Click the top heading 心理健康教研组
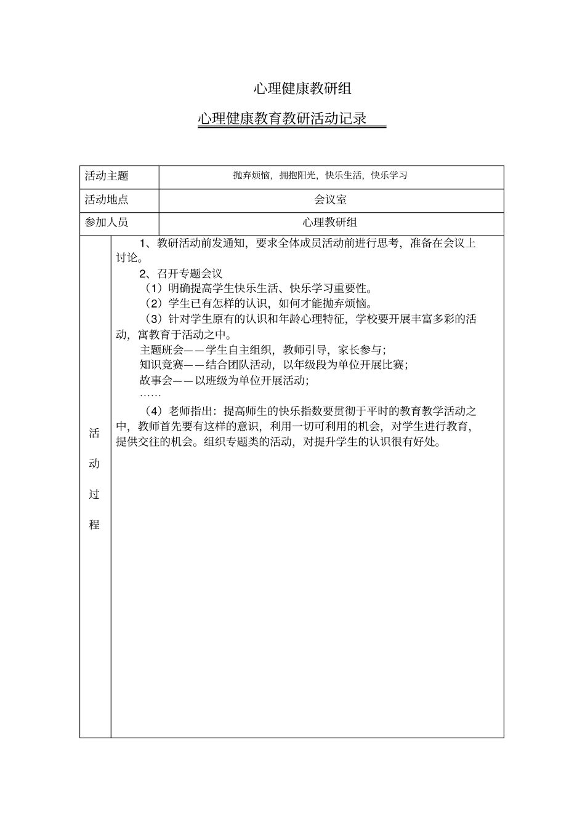[302, 89]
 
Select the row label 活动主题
[107, 176]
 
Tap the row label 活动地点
[107, 200]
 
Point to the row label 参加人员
[107, 223]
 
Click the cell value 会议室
[330, 200]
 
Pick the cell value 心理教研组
[330, 223]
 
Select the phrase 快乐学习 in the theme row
[389, 175]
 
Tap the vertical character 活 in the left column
[94, 433]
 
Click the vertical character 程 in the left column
[94, 525]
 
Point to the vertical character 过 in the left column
[94, 494]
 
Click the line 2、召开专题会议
[181, 273]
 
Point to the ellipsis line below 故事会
[150, 394]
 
